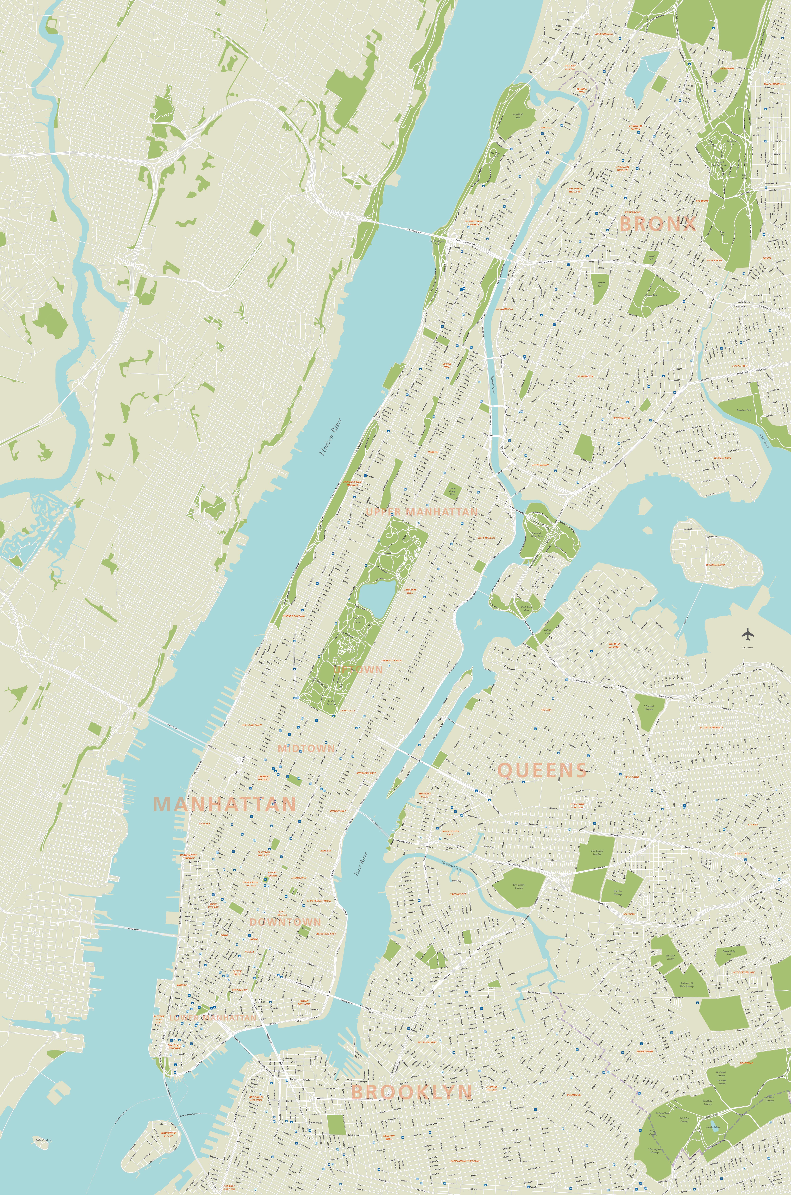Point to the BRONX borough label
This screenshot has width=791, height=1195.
tap(657, 223)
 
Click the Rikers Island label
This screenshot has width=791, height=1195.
tap(715, 564)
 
